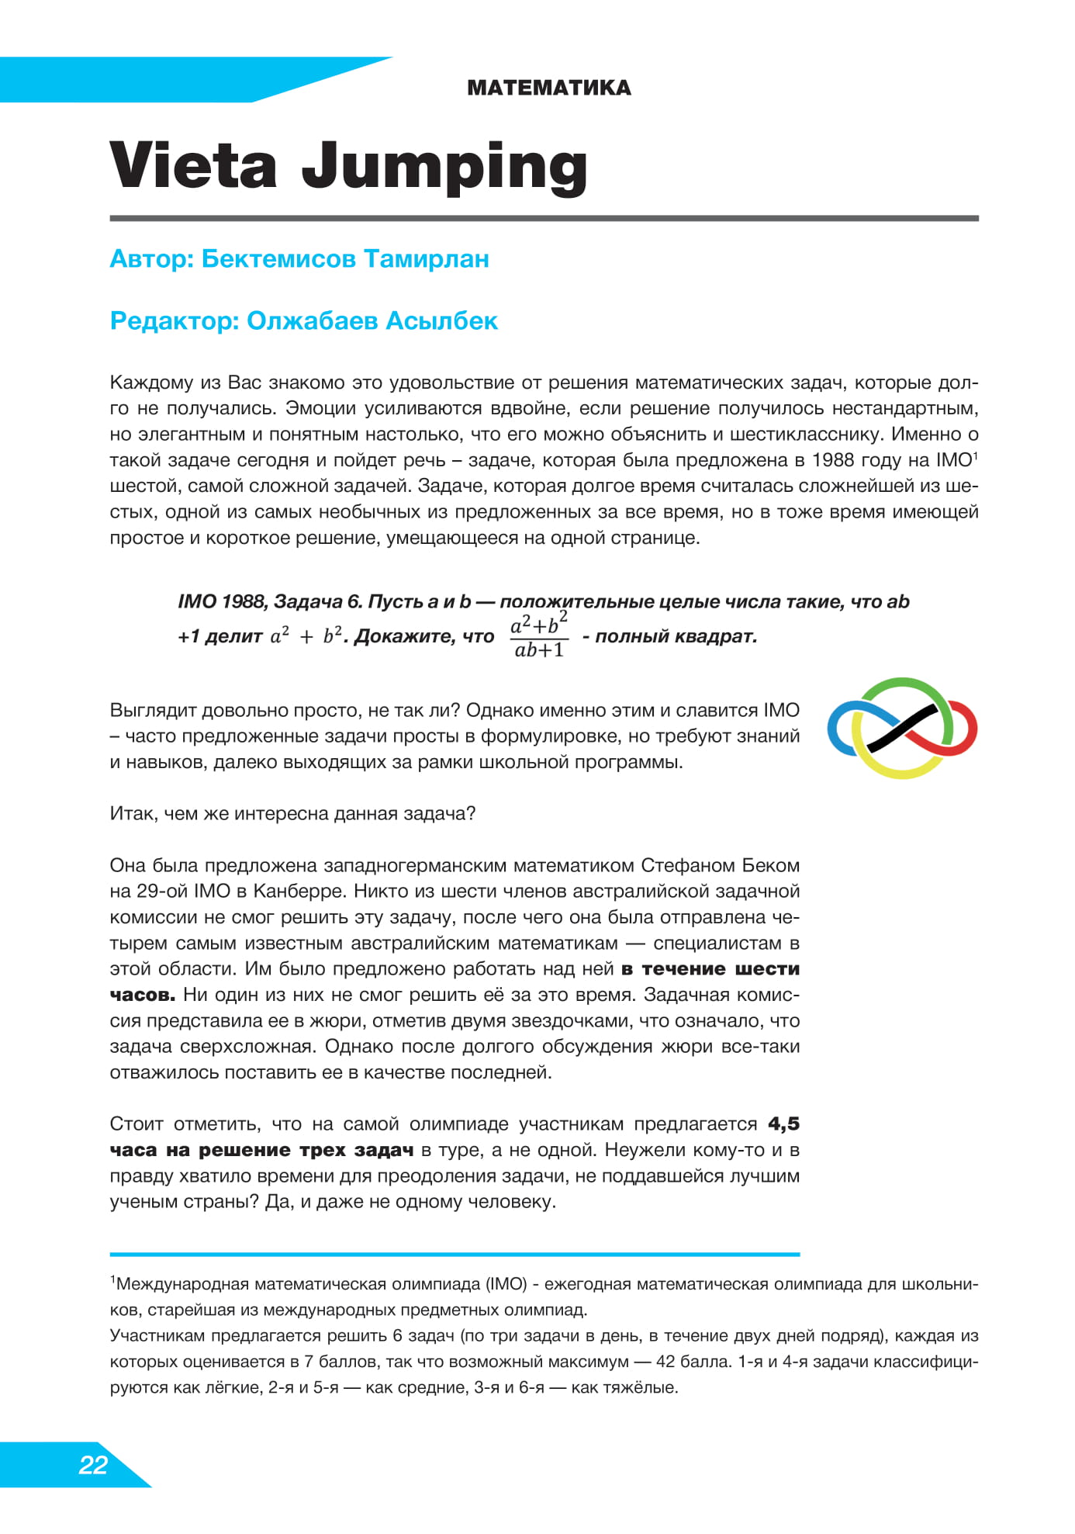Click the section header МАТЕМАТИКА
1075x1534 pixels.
point(548,88)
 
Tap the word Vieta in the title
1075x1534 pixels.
point(193,165)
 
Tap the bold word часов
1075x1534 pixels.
point(142,995)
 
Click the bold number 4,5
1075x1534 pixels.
point(783,1124)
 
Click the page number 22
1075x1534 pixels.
point(93,1464)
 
